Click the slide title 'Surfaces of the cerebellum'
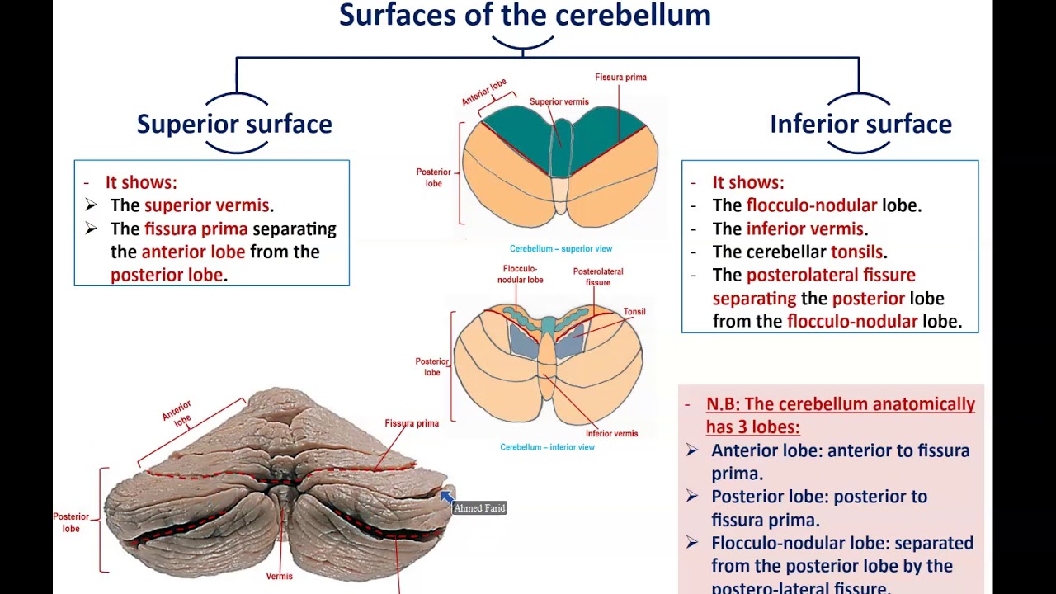click(x=525, y=15)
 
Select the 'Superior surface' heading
click(x=234, y=124)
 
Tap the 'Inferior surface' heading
click(x=860, y=124)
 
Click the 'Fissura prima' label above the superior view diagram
click(x=620, y=78)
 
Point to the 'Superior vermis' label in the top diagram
click(x=559, y=102)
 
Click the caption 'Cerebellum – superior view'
click(x=560, y=248)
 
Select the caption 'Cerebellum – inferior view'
click(x=547, y=447)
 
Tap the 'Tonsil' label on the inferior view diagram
click(x=634, y=312)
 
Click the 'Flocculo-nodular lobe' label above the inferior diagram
click(x=520, y=274)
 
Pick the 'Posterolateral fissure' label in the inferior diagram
click(x=597, y=276)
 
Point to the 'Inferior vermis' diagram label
click(x=611, y=433)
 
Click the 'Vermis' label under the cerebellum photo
click(x=279, y=576)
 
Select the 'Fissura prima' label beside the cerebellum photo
click(x=411, y=423)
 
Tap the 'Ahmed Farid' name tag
click(x=479, y=508)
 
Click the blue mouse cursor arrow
click(x=446, y=496)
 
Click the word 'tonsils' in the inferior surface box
click(x=857, y=252)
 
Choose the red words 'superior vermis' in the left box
click(x=206, y=205)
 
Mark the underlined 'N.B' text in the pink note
click(x=722, y=404)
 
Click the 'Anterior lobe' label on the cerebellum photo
click(x=177, y=412)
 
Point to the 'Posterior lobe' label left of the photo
click(x=71, y=522)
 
